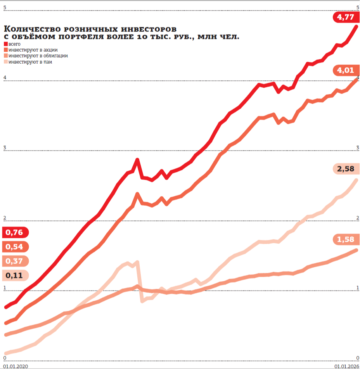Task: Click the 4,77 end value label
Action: coord(345,17)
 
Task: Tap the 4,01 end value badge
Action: coord(345,70)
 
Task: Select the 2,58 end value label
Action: coord(345,169)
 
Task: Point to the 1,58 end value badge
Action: coord(345,239)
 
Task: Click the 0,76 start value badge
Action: coord(15,232)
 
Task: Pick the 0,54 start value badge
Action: coord(15,247)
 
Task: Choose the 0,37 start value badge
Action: coord(15,261)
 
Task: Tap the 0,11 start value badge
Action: coord(15,275)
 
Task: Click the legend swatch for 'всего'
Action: coord(5,44)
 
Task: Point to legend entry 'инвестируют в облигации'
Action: coord(38,55)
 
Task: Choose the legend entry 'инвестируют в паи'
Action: coord(30,62)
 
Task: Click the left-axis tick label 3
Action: coord(5,147)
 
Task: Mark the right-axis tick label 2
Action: coord(357,218)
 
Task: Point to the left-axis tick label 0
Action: coord(5,357)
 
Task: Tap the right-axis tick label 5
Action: coord(357,7)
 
